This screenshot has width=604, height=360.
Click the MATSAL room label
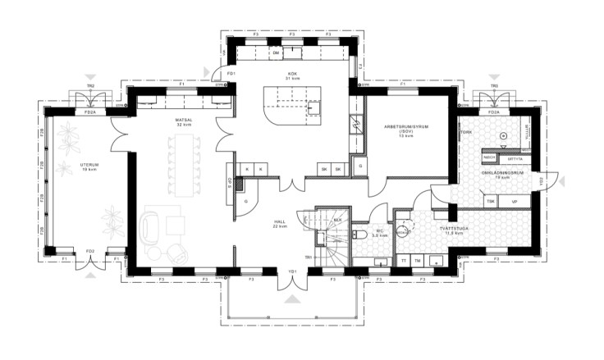point(183,121)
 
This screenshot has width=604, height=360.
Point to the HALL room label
point(279,221)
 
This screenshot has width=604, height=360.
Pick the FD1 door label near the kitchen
point(231,75)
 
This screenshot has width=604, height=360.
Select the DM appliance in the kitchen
point(276,53)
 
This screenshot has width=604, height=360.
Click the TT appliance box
point(404,261)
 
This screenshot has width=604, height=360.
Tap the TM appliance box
point(418,261)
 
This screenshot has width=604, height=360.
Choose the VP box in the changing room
point(514,201)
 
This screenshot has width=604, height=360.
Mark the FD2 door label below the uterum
point(89,252)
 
